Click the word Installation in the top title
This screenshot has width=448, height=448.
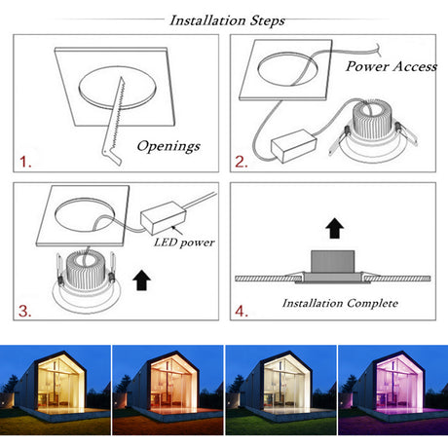point(207,20)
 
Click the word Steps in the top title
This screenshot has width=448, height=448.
point(268,21)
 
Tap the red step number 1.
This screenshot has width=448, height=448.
point(25,162)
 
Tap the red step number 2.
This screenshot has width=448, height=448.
point(242,162)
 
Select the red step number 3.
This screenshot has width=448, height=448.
point(24,311)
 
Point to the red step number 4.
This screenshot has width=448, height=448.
point(242,312)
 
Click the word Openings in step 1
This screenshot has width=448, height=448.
point(168,146)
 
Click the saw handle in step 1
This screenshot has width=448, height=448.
point(112,155)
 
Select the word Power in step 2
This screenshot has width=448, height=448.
point(367,66)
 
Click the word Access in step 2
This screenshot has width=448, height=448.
point(415,66)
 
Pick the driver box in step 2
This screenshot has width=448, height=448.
point(293,146)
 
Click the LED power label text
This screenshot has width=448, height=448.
point(184,243)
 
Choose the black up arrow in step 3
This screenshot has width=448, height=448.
point(142,280)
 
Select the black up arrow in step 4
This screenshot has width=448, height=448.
point(335,228)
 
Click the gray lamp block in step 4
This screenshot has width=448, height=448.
point(332,262)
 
